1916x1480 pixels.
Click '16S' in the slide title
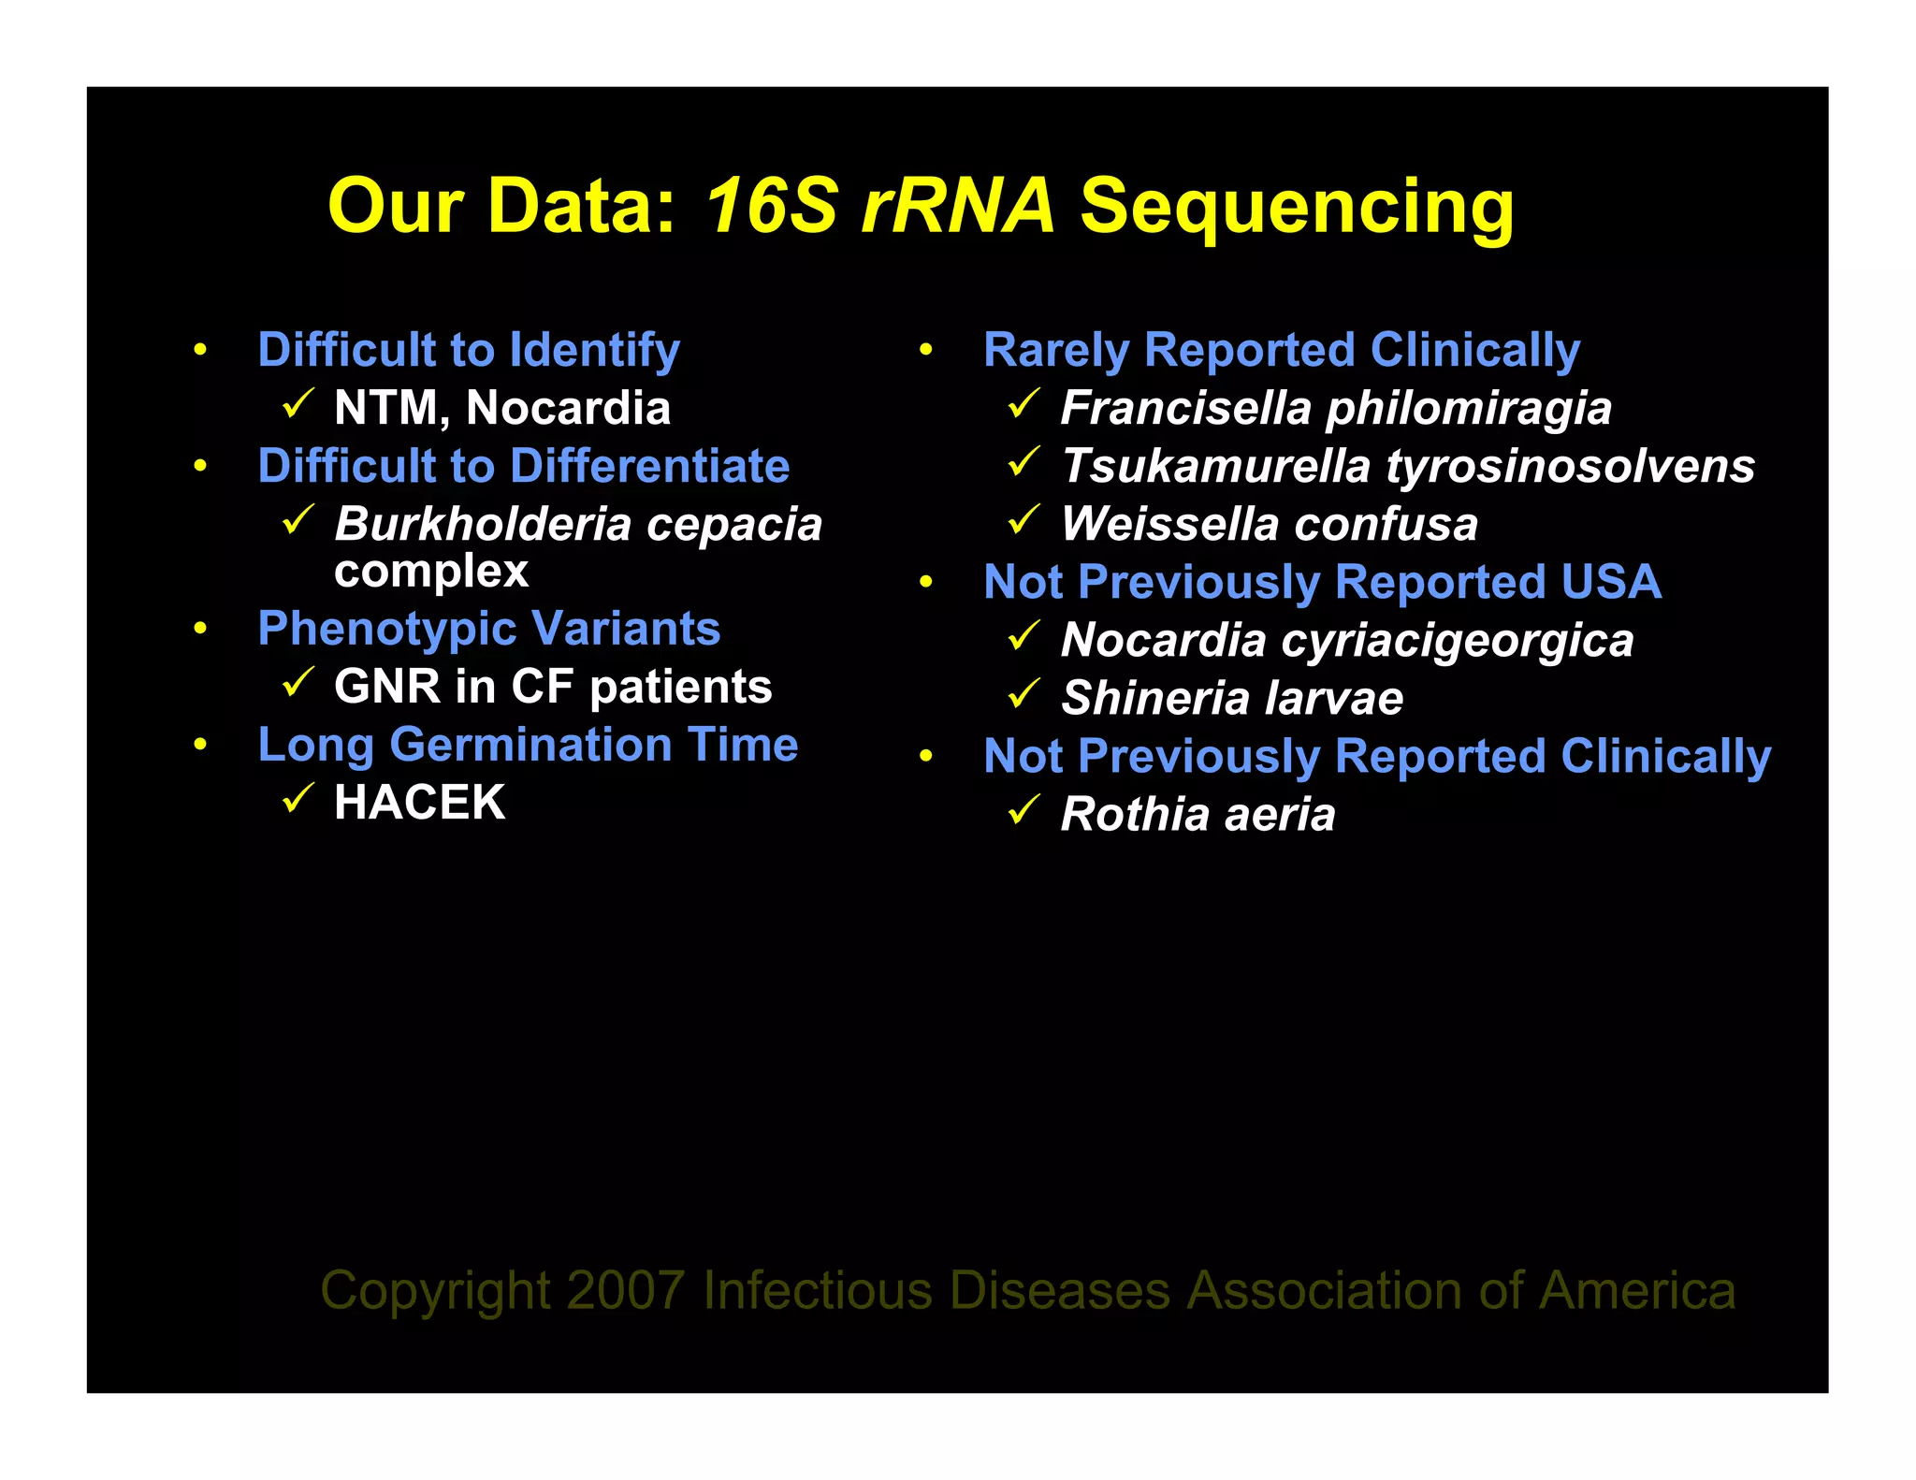coord(770,206)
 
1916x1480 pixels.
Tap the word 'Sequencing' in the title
coord(1297,208)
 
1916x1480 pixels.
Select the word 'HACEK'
coord(419,803)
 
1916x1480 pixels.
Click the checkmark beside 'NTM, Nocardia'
coord(298,404)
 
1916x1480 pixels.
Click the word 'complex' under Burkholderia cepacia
coord(431,571)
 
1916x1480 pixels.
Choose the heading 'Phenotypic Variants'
coord(488,629)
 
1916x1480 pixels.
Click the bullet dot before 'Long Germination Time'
coord(199,746)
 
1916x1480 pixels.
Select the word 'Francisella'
coord(1186,408)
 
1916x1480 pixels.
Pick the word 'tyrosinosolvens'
coord(1571,466)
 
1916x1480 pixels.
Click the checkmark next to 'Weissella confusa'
coord(1023,520)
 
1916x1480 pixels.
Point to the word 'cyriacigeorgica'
coord(1457,641)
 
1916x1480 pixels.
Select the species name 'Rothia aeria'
coord(1197,814)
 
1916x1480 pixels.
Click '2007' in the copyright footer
coord(625,1291)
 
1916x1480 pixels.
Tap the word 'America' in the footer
coord(1637,1291)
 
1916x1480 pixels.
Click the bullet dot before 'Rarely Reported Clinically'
coord(925,351)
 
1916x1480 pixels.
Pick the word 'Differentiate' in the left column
coord(649,466)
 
